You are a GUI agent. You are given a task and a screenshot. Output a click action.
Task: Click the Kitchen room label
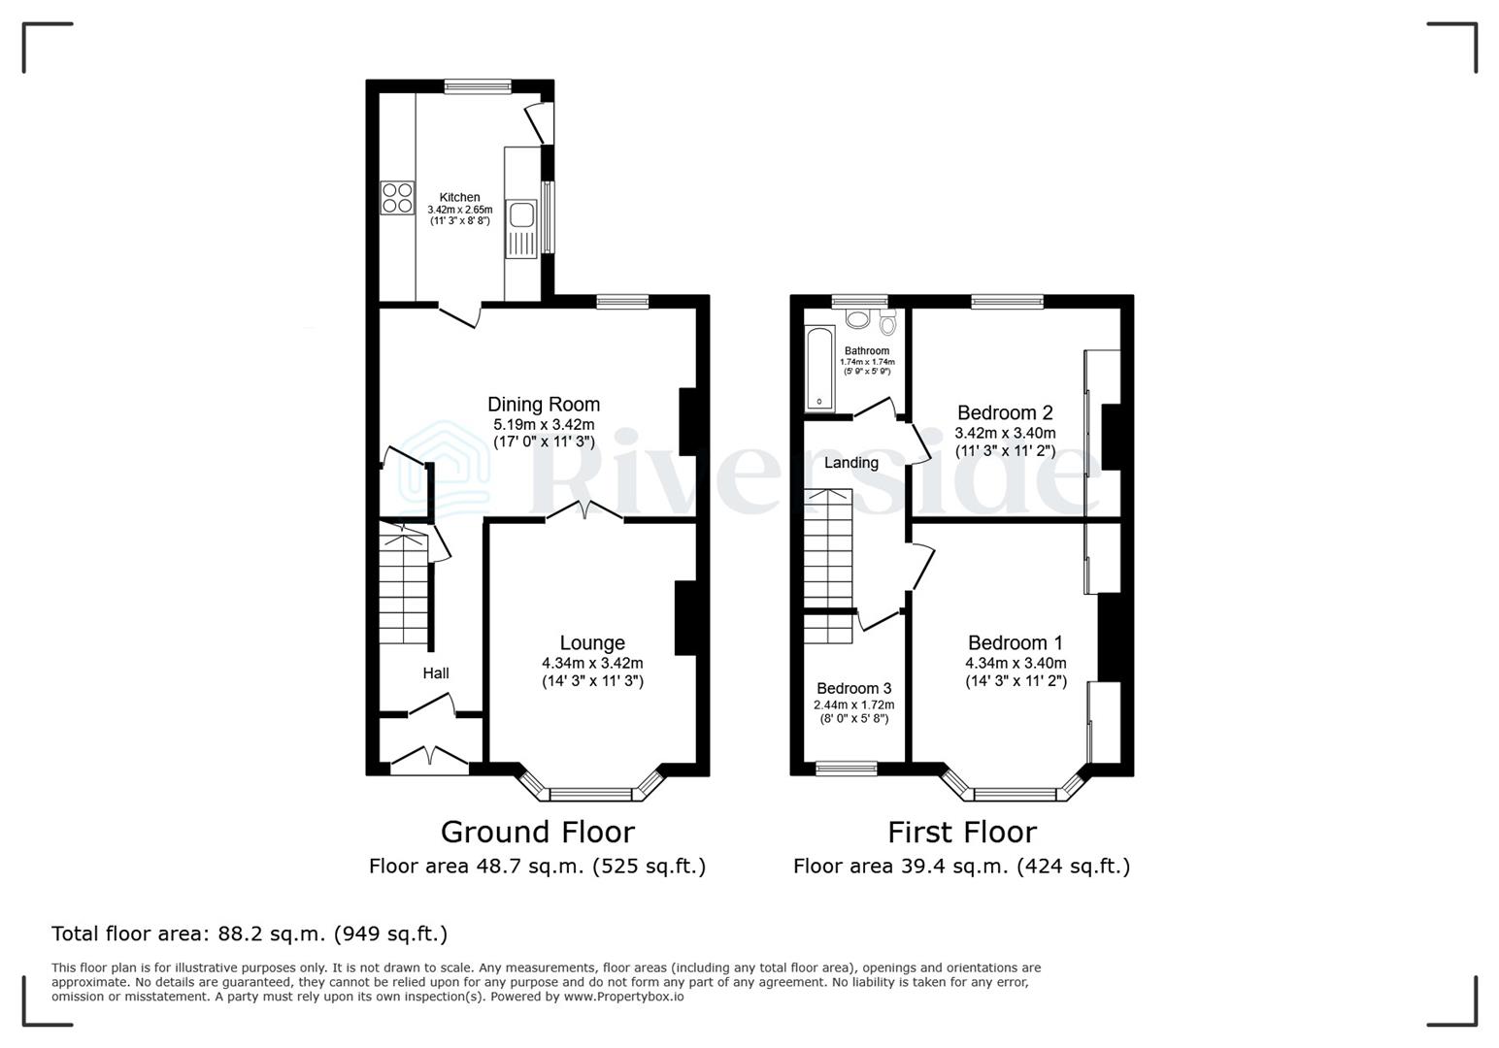(459, 197)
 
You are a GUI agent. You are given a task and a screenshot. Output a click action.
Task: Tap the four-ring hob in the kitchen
(396, 198)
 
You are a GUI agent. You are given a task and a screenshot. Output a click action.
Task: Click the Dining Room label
(544, 405)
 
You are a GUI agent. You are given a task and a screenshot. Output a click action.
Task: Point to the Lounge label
(592, 642)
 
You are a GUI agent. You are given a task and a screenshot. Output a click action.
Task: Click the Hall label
(436, 672)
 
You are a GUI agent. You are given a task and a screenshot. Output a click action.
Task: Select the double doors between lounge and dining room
(583, 512)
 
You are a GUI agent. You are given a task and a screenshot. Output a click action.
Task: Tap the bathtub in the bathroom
(817, 368)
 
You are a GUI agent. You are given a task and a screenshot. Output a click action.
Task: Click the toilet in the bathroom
(887, 322)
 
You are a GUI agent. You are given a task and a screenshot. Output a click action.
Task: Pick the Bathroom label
(866, 350)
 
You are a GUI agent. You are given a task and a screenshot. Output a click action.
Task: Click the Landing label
(851, 463)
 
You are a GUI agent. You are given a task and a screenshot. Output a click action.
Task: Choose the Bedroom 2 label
(1005, 412)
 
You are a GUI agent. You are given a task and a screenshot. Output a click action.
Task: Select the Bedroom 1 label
(1016, 642)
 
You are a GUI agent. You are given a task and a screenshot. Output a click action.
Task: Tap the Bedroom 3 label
(853, 688)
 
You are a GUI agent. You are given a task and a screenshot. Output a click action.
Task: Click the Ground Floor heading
(537, 832)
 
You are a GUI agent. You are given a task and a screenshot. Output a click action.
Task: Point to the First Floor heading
(961, 832)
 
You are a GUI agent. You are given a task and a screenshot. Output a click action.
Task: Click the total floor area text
(250, 933)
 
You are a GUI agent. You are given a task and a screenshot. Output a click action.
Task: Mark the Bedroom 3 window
(847, 770)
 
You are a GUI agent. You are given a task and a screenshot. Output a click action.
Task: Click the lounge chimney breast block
(686, 618)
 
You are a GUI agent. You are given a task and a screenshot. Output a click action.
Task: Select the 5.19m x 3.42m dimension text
(544, 424)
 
